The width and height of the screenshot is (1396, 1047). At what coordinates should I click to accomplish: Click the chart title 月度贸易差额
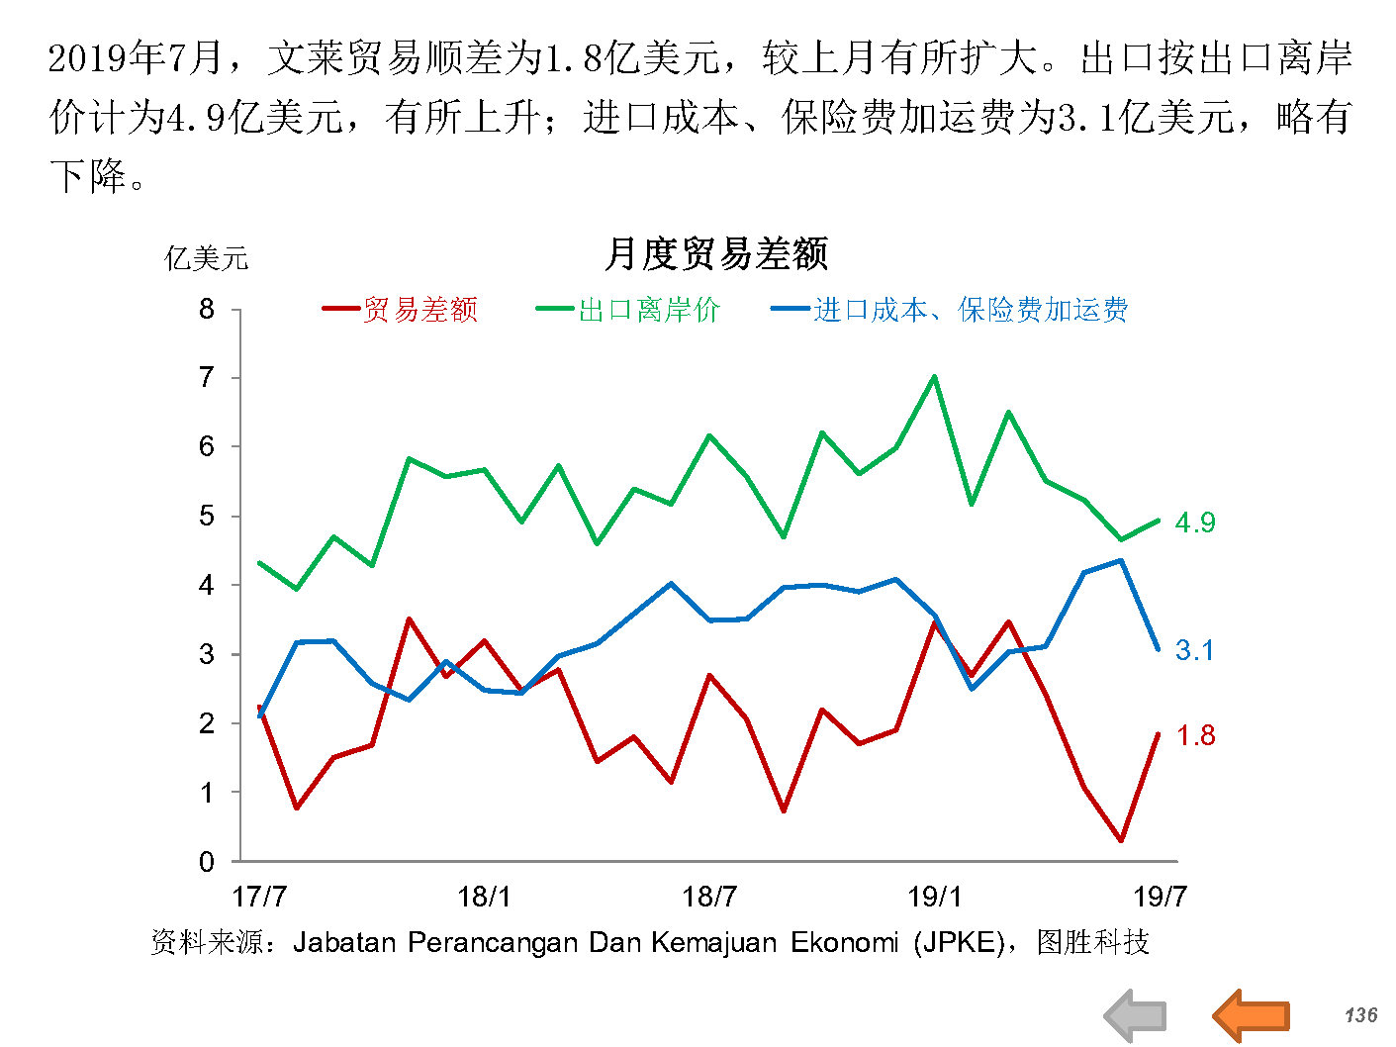coord(715,254)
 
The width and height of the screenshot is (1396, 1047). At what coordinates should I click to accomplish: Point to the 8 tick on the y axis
coord(207,309)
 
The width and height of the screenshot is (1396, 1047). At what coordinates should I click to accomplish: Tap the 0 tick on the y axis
coord(207,862)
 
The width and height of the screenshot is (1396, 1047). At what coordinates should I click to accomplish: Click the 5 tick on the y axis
coord(207,516)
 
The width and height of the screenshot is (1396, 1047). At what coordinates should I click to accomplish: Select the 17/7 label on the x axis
coord(259,897)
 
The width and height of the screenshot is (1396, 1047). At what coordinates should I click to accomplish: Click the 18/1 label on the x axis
coord(484,897)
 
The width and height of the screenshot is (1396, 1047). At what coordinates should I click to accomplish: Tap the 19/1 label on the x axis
coord(934,897)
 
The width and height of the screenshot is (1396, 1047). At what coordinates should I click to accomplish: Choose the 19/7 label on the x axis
coord(1159,897)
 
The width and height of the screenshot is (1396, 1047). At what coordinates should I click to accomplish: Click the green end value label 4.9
coord(1194,523)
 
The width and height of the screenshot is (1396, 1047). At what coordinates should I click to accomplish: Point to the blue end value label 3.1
coord(1194,650)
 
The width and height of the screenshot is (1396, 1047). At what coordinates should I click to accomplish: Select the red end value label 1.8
coord(1195,735)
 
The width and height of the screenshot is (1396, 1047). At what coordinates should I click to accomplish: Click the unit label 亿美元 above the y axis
coord(206,258)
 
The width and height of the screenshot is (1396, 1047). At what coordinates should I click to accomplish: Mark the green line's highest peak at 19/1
coord(934,376)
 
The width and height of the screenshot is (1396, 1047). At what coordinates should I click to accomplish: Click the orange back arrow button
coord(1251,1014)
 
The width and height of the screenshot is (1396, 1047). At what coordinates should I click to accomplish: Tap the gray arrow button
coord(1136,1015)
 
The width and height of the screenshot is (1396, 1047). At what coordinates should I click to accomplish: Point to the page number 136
coord(1360,1014)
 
